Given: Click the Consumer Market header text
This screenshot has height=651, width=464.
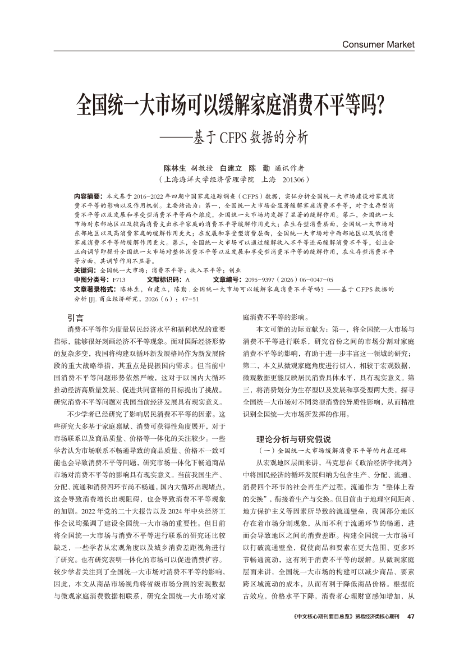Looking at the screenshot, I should point(378,44).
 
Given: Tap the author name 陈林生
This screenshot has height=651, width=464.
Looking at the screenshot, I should point(174,168).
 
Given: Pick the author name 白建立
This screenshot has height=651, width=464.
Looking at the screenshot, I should point(231,168).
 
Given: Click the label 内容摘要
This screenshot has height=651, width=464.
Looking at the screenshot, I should point(88,197).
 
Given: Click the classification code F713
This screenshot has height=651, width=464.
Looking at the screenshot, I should point(119,279).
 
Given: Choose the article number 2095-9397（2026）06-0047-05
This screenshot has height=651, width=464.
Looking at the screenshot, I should point(288,279).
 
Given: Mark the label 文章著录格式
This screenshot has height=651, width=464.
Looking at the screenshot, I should point(95,288).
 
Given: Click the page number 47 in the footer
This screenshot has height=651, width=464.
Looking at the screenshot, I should point(410,617).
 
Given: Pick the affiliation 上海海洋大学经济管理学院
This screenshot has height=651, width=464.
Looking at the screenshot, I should point(211,180).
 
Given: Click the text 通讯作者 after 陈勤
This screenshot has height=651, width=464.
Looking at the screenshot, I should point(290,168).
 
